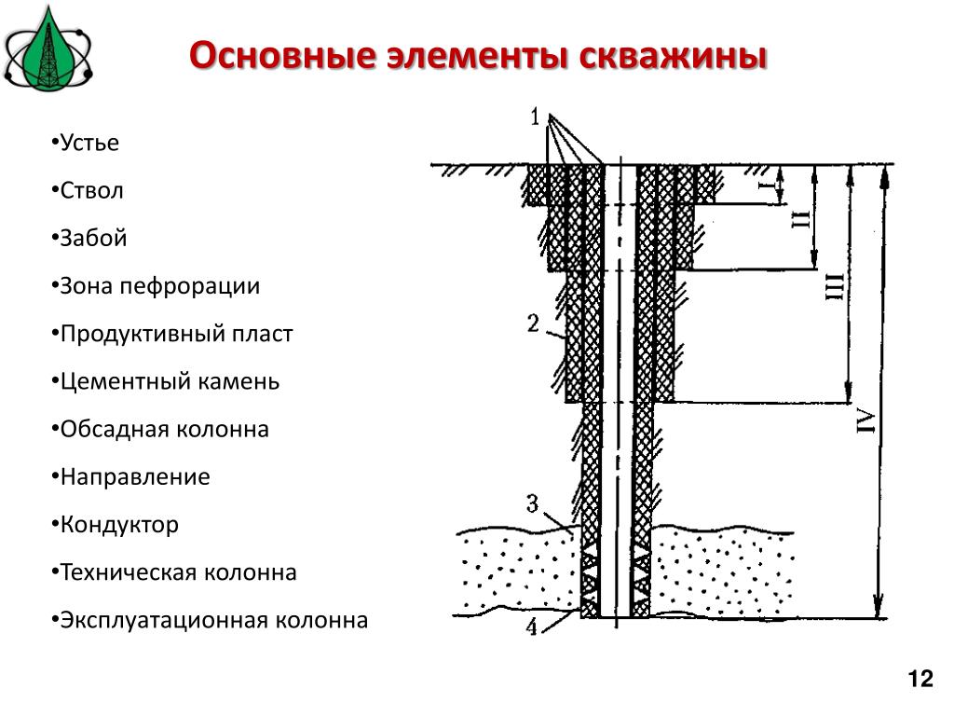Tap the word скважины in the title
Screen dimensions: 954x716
click(673, 56)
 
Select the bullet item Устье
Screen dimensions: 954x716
click(85, 143)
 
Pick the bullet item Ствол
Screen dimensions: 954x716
click(88, 190)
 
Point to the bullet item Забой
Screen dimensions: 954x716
click(89, 238)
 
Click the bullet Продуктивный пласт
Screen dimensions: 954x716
click(172, 334)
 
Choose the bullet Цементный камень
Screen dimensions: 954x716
click(166, 381)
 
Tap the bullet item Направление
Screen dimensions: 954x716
click(130, 476)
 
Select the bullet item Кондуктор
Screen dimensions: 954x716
click(115, 524)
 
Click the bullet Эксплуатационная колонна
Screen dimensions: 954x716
click(210, 620)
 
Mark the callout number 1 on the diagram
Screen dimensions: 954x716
click(535, 116)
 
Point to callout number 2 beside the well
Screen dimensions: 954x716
click(533, 323)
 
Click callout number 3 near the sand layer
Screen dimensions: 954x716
click(532, 503)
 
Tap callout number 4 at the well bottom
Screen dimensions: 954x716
click(532, 626)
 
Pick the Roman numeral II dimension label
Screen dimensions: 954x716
click(800, 218)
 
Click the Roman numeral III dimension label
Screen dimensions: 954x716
click(835, 286)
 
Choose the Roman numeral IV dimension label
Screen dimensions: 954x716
click(866, 422)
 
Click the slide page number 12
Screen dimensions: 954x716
click(920, 679)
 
